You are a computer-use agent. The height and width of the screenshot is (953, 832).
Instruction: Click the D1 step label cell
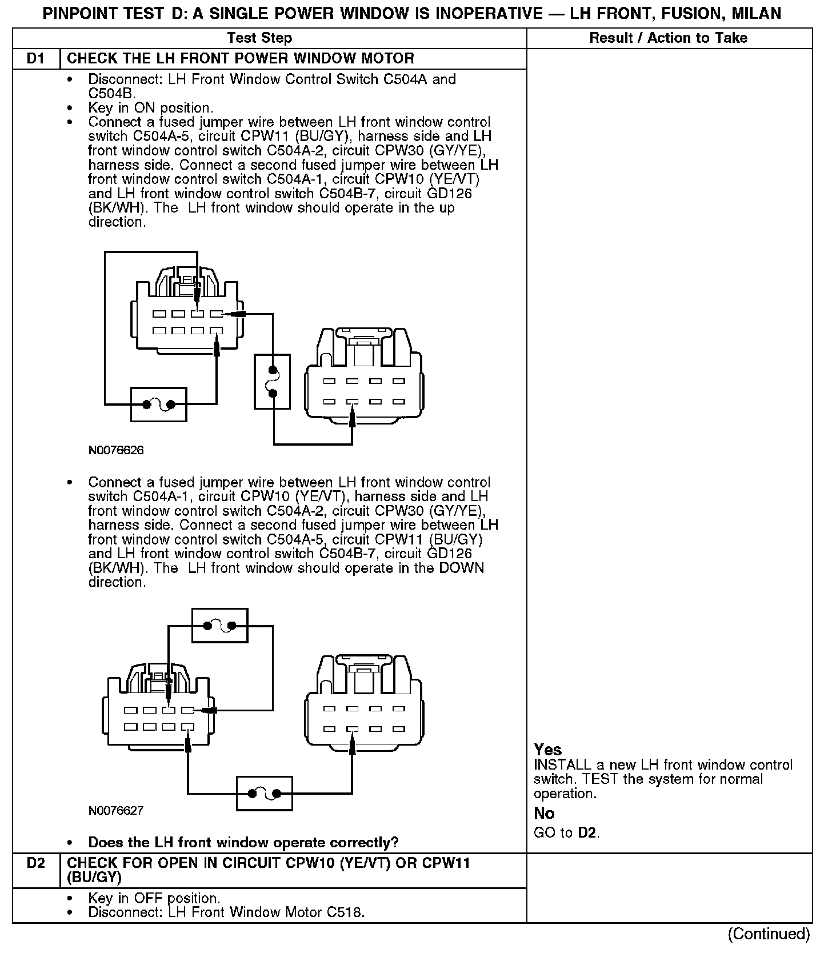(x=35, y=58)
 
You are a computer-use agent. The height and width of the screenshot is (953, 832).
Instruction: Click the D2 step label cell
(x=35, y=862)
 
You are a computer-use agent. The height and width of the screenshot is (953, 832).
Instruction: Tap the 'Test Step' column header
(x=259, y=38)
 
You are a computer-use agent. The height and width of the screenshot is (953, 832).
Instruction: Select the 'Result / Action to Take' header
(x=668, y=38)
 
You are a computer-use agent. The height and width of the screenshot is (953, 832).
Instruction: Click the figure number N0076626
(x=116, y=450)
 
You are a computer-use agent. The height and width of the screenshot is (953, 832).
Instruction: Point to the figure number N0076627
(x=116, y=810)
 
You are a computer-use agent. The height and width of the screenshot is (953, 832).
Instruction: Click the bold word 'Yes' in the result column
(x=547, y=750)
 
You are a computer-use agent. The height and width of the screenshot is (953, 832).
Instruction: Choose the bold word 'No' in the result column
(x=544, y=813)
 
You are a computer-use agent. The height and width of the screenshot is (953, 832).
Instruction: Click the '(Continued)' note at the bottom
(x=769, y=934)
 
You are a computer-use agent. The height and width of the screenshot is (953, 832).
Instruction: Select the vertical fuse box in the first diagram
(x=272, y=381)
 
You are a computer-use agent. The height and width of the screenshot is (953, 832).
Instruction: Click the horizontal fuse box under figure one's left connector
(x=159, y=405)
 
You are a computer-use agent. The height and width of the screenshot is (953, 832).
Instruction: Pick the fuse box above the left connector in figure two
(x=220, y=626)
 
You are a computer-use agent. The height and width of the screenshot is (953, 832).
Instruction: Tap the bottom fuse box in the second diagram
(x=264, y=793)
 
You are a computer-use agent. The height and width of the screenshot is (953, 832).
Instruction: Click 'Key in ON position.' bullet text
(x=151, y=108)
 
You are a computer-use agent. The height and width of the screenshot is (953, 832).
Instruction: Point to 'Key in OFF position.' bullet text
(x=154, y=898)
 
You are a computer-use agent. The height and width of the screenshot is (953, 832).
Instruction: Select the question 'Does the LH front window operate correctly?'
(x=243, y=842)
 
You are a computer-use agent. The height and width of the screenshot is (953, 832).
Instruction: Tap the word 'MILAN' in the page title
(x=753, y=13)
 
